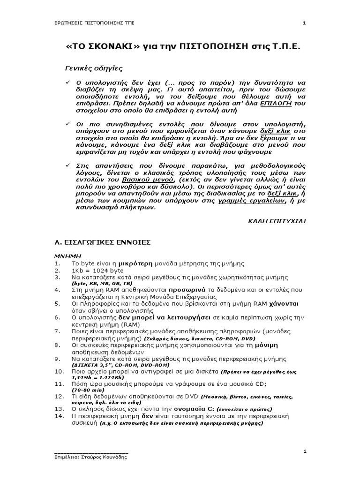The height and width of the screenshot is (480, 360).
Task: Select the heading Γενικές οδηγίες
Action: click(x=93, y=68)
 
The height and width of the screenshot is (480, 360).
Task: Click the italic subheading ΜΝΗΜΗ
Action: click(x=67, y=257)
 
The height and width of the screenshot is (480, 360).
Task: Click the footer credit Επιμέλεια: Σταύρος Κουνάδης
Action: click(x=90, y=456)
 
